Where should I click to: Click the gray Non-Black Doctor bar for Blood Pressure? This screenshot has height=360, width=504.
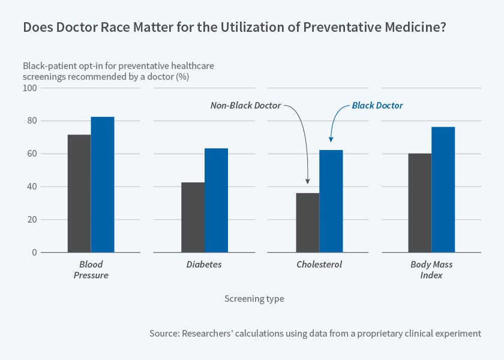pos(79,193)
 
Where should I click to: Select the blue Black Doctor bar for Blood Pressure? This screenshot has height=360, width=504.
pos(103,184)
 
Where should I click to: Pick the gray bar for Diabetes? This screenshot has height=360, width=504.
pos(193,217)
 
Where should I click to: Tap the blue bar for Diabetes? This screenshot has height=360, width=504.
pos(216,200)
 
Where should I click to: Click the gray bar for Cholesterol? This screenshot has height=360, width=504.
pos(308,222)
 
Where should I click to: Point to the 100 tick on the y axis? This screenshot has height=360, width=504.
pos(30,88)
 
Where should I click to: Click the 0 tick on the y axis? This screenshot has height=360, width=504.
pos(34,253)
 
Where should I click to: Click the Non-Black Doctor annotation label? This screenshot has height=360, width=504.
pos(245,106)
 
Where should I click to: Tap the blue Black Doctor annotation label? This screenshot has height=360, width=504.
pos(377,106)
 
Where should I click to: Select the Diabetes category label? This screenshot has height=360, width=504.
pos(205,265)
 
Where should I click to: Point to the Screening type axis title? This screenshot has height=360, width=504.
pos(254,298)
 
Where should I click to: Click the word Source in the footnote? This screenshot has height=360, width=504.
pos(164,333)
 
